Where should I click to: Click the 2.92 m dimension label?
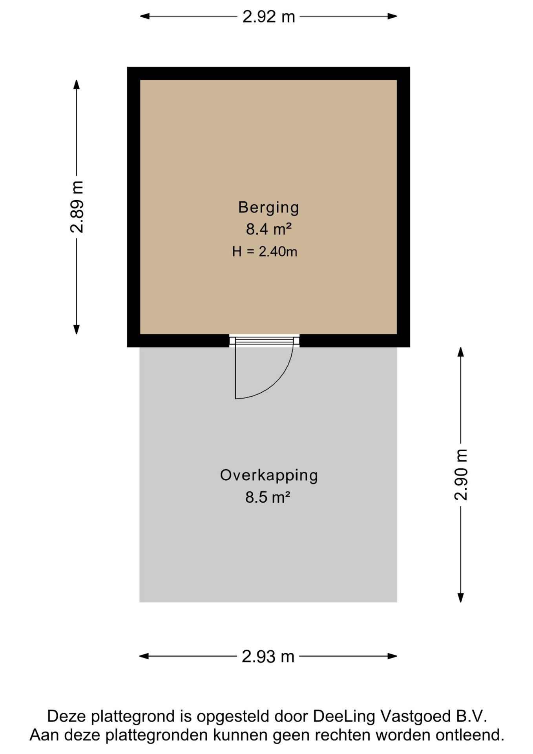click(268, 16)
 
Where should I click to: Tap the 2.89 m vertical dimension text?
click(77, 207)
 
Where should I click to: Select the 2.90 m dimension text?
click(461, 474)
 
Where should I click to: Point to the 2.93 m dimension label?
click(268, 656)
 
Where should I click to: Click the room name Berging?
click(268, 207)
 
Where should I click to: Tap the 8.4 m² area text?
click(268, 229)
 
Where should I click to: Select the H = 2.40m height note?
click(265, 251)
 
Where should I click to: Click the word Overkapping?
click(269, 475)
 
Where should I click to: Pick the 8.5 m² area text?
click(268, 497)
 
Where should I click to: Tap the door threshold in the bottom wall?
click(264, 340)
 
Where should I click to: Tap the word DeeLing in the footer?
click(344, 716)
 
